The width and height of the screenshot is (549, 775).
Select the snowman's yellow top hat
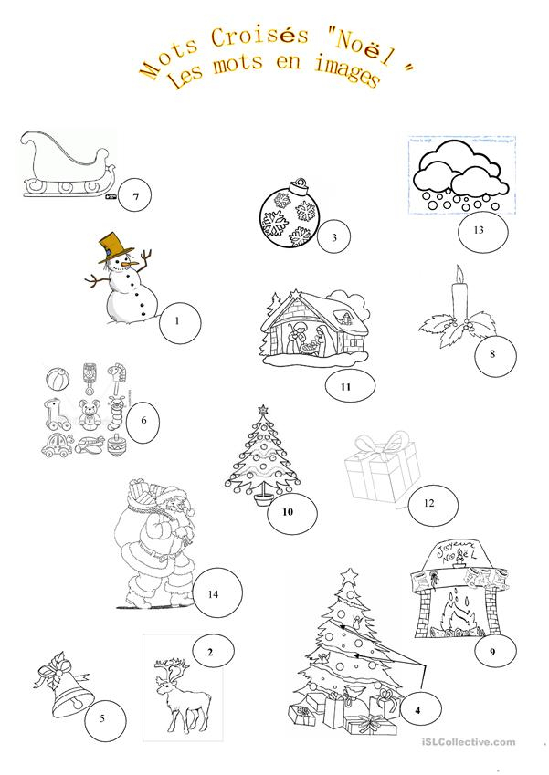pyautogui.click(x=115, y=244)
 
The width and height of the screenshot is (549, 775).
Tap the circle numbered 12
pyautogui.click(x=428, y=501)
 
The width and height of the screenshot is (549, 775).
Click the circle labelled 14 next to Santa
pyautogui.click(x=212, y=593)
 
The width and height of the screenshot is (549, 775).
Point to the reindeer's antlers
pyautogui.click(x=172, y=669)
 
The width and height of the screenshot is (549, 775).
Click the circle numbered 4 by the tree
pyautogui.click(x=417, y=708)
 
